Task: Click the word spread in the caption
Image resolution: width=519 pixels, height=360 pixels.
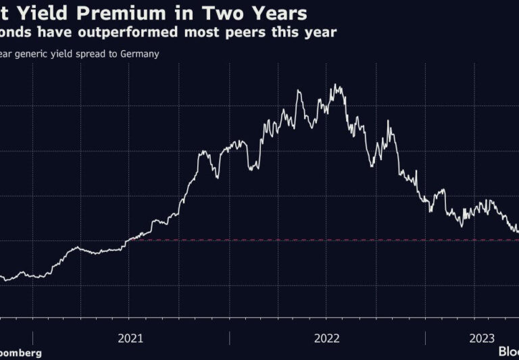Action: point(89,54)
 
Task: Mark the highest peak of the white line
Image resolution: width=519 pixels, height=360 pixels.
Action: point(336,85)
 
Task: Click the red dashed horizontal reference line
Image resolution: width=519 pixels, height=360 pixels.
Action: point(324,240)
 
